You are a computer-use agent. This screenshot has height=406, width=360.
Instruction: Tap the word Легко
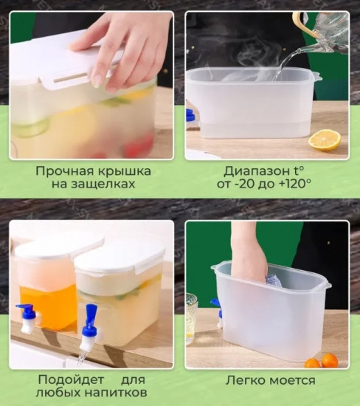[244, 381]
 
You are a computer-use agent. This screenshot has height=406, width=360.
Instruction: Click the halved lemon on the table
[325, 139]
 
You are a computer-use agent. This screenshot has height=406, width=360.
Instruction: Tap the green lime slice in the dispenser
[28, 128]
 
